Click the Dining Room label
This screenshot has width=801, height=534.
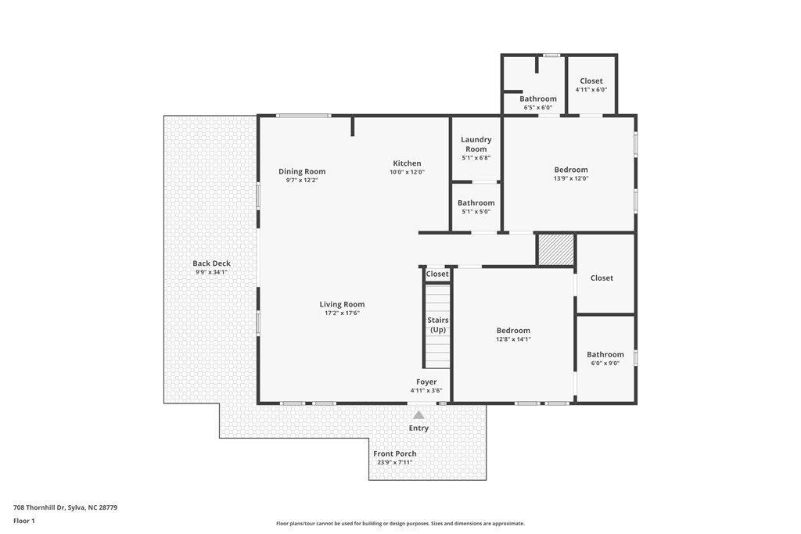(x=302, y=172)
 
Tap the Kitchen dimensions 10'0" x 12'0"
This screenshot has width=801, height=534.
(x=407, y=173)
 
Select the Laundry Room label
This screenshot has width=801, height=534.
(x=476, y=144)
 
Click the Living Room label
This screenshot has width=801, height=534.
(x=342, y=305)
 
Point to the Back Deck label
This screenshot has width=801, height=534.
(x=211, y=263)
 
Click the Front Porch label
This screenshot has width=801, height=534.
(x=394, y=453)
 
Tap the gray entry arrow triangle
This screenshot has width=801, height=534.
(x=418, y=415)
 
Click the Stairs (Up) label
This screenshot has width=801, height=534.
(x=437, y=324)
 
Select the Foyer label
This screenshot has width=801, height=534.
(x=426, y=382)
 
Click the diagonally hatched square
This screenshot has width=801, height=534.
(x=555, y=249)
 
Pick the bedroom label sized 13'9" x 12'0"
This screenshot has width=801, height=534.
(x=571, y=170)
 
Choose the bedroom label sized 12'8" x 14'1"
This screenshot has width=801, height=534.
(x=513, y=331)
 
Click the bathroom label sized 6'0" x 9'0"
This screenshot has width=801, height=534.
(x=605, y=354)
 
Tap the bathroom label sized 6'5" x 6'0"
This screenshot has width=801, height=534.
(x=539, y=99)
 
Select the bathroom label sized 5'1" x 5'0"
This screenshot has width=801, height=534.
(x=476, y=203)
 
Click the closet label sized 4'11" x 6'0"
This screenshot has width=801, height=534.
(x=591, y=81)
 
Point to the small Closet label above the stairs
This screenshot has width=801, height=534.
(x=437, y=274)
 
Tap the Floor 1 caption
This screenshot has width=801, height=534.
(x=24, y=521)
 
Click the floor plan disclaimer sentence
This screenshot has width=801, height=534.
(x=400, y=524)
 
